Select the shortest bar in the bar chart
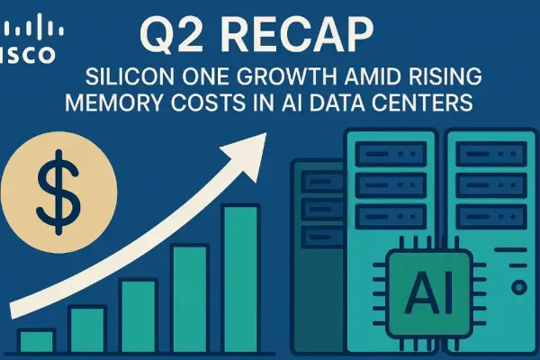(x=37, y=341)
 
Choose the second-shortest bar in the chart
(x=87, y=328)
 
